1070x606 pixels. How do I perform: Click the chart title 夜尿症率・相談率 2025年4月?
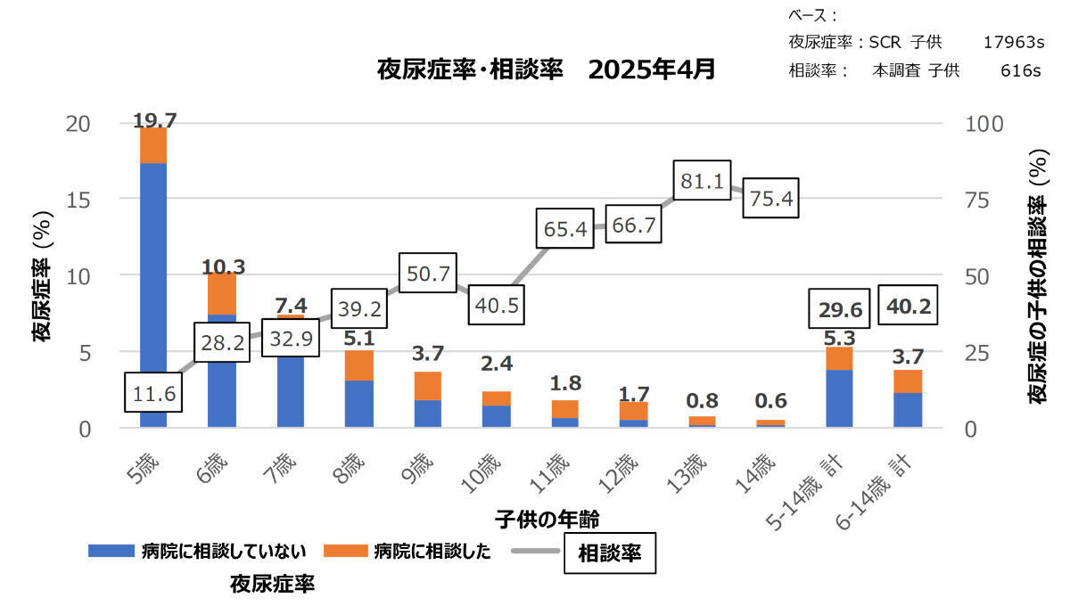click(547, 70)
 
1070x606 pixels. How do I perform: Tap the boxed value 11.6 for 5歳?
click(152, 392)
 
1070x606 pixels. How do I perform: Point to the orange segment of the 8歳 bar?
click(359, 365)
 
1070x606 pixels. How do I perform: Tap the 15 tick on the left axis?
click(79, 200)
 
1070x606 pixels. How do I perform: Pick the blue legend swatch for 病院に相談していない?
click(110, 552)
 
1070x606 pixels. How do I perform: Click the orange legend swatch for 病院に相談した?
click(344, 552)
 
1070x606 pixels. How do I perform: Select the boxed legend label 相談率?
click(610, 553)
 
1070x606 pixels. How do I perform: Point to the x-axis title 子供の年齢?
click(547, 518)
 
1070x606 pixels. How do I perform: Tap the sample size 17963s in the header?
click(1013, 42)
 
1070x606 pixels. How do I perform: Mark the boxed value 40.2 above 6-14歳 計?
click(909, 306)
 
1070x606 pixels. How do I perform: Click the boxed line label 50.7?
click(428, 274)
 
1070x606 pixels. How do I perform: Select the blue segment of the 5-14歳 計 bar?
click(840, 398)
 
